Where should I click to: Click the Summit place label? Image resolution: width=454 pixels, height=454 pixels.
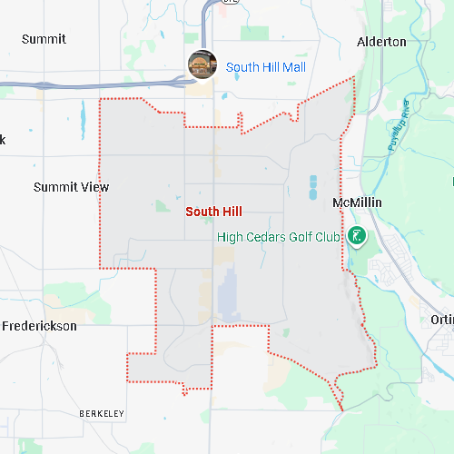coord(44,39)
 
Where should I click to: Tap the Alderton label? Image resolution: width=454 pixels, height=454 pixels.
coord(381,42)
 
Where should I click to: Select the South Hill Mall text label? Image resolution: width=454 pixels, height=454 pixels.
coord(265,67)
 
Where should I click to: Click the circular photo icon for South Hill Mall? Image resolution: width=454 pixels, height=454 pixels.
coord(202,64)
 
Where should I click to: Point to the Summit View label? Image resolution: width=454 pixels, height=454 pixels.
coord(71,187)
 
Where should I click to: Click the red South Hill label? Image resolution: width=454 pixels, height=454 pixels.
coord(213,211)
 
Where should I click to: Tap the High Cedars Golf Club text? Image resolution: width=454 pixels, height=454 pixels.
coord(278,237)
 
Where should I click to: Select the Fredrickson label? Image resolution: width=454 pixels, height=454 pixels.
coord(39,326)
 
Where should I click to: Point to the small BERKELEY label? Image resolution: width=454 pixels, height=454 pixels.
coord(101,414)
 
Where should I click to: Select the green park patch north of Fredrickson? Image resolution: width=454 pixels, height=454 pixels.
coord(64,293)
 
